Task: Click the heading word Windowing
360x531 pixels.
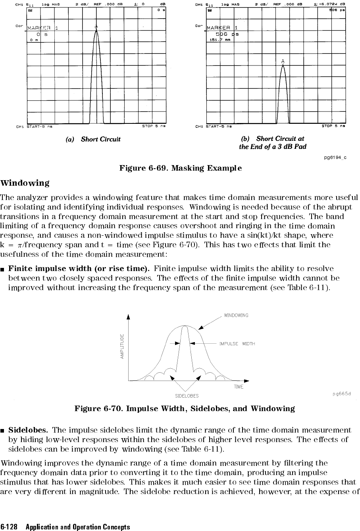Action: pos(25,183)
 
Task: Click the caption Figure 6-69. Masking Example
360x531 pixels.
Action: pos(181,168)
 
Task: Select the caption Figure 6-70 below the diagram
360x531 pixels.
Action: pos(185,409)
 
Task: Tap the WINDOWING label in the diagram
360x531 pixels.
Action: pos(236,316)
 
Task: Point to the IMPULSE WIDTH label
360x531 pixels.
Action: pos(237,344)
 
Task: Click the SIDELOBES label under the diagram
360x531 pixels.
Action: pos(187,396)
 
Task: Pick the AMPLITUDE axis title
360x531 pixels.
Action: pos(123,346)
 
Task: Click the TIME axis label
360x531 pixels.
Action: pos(239,387)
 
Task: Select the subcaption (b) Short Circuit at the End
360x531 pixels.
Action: pos(273,142)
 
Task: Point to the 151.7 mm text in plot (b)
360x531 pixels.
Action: pos(220,40)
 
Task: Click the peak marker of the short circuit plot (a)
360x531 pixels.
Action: pos(96,27)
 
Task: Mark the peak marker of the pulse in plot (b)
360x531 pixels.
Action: pos(283,62)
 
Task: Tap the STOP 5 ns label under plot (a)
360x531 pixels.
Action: pos(154,127)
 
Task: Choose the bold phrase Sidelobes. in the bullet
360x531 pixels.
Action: pos(29,430)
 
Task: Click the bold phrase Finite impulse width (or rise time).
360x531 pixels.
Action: pos(79,269)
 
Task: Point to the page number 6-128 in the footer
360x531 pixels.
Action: pos(10,527)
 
